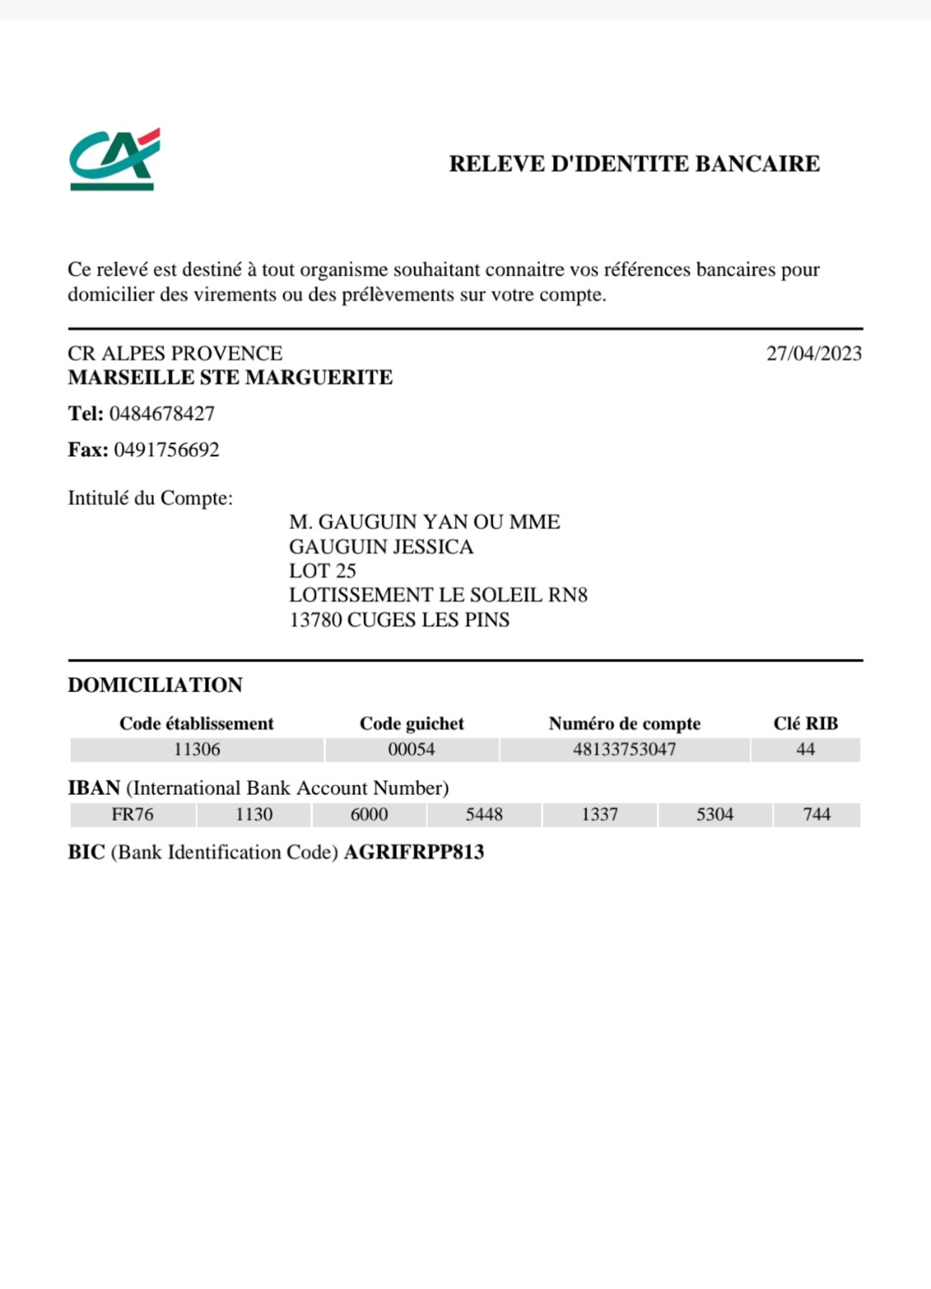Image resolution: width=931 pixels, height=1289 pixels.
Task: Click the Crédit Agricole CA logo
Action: point(114,159)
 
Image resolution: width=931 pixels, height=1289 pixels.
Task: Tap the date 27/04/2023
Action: point(813,354)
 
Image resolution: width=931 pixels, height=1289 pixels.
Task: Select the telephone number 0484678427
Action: point(162,413)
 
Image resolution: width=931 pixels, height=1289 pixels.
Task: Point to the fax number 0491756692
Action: point(167,450)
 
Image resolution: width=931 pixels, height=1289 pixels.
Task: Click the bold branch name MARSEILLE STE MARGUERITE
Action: point(230,377)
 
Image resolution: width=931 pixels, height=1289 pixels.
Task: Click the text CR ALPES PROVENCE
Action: point(175,354)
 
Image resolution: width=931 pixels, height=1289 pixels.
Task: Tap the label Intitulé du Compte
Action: point(150,498)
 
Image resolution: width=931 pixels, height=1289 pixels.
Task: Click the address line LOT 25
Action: point(322,571)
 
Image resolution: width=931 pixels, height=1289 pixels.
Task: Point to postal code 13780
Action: point(315,620)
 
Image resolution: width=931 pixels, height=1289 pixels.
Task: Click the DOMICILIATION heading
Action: point(155,685)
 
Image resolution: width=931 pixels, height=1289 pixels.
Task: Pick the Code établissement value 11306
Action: point(196,749)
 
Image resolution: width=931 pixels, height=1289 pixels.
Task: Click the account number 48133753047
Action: point(624,749)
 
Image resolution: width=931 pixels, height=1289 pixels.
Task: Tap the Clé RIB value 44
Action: point(805,749)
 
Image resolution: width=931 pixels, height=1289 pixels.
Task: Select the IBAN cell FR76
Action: point(132,814)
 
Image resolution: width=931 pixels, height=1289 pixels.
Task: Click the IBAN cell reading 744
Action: point(816,814)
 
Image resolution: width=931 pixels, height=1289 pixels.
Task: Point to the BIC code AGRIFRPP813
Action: point(413,852)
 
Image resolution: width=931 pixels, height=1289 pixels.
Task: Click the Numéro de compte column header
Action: point(624,723)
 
